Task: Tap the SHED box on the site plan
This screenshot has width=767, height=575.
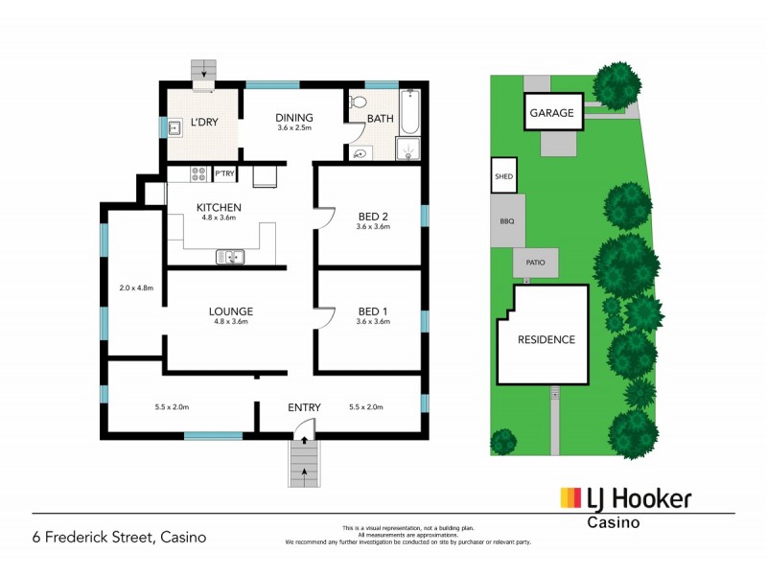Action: tap(503, 176)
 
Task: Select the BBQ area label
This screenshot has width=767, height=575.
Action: tap(507, 220)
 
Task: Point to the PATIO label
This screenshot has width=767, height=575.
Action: tap(535, 262)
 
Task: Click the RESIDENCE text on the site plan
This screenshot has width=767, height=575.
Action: tap(546, 339)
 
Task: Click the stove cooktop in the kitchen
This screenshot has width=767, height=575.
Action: tap(199, 174)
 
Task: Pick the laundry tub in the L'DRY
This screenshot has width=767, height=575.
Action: tap(175, 127)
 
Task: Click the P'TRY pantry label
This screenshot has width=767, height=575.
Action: tap(224, 174)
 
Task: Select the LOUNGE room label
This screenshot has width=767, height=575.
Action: tap(231, 311)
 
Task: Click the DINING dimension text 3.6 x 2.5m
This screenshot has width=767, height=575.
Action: tap(294, 128)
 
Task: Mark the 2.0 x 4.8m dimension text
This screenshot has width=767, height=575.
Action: tap(136, 287)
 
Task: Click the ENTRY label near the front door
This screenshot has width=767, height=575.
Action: tap(304, 408)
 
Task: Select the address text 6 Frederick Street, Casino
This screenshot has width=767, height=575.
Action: tap(120, 537)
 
